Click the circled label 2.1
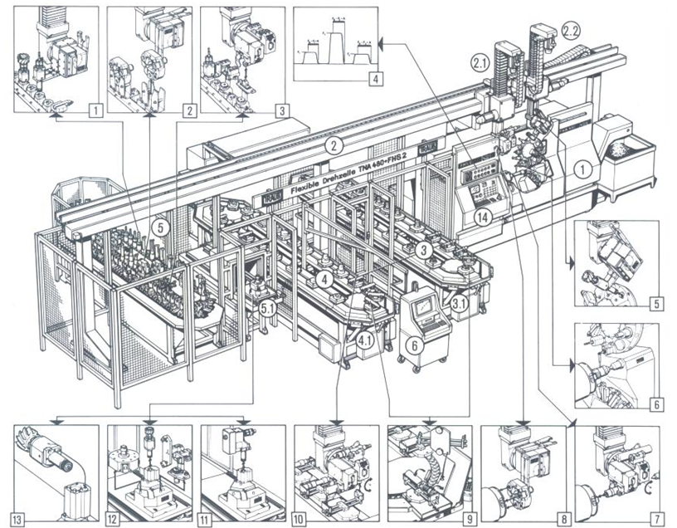coord(478,63)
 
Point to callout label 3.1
coord(459,304)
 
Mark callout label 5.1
coord(267,308)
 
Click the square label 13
coord(18,521)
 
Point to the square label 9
coord(469,521)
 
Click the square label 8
coord(563,521)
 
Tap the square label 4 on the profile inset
coord(375,81)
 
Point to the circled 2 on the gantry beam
coord(334,147)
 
